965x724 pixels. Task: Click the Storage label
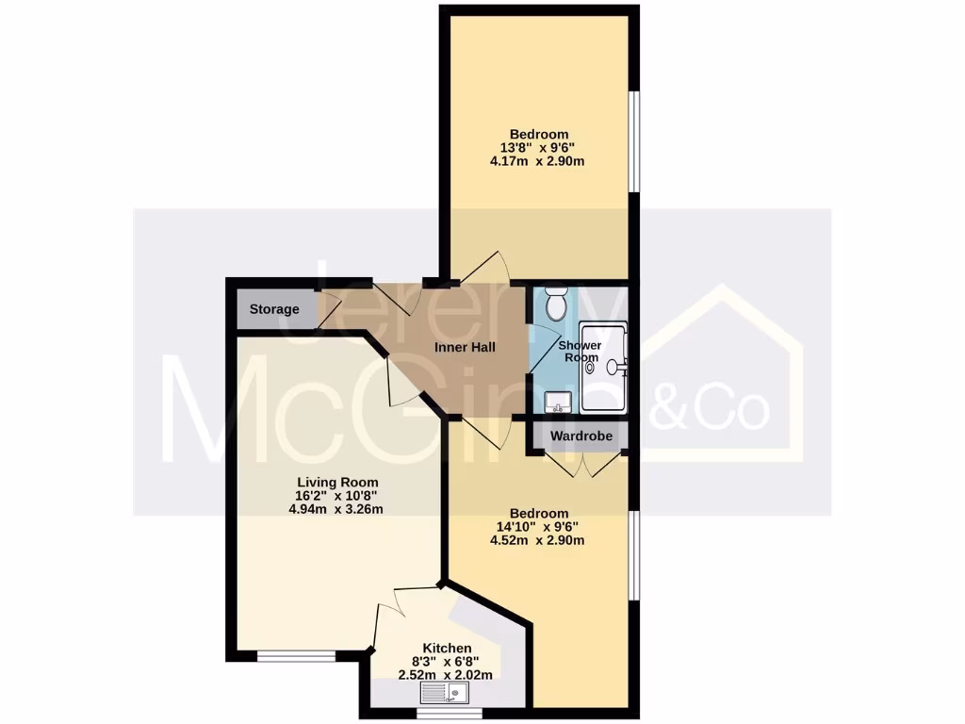pos(274,309)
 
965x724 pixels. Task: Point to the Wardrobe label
pos(581,436)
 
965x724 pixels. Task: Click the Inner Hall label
pos(465,347)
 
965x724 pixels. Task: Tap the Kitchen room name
pos(447,648)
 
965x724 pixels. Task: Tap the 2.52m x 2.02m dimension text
pos(447,675)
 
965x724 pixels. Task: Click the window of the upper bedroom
pos(635,138)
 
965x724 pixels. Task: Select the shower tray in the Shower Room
pos(604,368)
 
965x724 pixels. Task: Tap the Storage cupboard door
pos(327,311)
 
